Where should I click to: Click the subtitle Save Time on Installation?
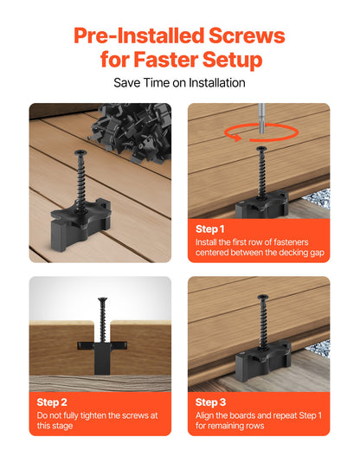pos(180,83)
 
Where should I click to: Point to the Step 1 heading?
pos(210,228)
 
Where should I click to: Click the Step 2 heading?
pos(52,402)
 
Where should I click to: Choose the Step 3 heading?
pos(210,402)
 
